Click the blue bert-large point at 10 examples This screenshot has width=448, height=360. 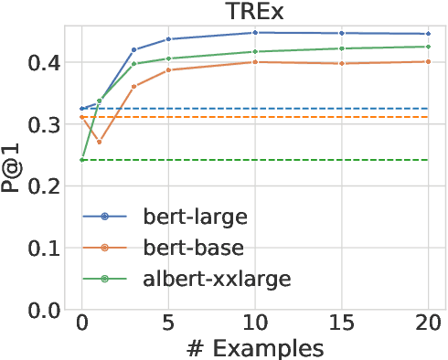[x=255, y=32]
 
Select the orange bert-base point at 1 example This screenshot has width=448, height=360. [x=99, y=142]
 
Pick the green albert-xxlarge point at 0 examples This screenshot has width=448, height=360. [x=81, y=160]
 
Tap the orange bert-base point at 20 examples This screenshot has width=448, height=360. [x=428, y=61]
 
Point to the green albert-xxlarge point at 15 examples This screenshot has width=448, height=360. [x=342, y=48]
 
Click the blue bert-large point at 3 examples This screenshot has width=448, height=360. [x=133, y=49]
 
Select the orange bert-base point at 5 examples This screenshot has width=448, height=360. [x=168, y=69]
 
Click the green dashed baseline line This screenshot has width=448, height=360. [x=274, y=160]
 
